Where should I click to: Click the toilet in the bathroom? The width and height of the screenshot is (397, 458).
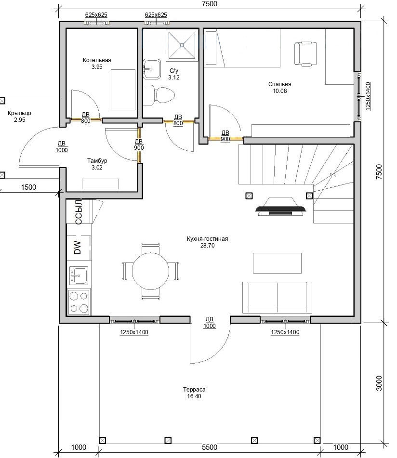tap(159, 95)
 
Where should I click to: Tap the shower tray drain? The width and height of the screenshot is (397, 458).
tap(182, 45)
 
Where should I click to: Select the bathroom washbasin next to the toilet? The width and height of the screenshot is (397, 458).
tap(152, 69)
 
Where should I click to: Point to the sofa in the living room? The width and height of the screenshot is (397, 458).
tap(277, 297)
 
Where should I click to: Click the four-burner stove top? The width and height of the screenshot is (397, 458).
tap(79, 302)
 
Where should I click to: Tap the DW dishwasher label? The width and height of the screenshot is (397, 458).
tap(78, 248)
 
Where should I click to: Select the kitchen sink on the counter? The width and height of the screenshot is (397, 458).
tap(79, 275)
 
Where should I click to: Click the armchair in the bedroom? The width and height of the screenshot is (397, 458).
tap(305, 54)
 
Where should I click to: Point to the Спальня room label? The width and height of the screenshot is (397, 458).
tap(279, 84)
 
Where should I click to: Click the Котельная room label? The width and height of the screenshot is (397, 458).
tap(97, 60)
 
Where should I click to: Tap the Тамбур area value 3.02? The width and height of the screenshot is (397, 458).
tap(97, 168)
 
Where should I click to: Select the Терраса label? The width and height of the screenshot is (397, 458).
tap(194, 389)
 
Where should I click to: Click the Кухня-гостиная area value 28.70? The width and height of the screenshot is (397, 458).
tap(207, 246)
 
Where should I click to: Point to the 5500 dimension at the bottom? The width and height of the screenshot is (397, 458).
tap(210, 447)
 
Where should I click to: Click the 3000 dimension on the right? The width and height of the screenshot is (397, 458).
tap(379, 383)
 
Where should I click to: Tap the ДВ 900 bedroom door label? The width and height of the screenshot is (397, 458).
tap(225, 136)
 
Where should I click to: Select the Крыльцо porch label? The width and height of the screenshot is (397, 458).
tap(19, 113)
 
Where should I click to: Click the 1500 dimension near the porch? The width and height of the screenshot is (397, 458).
tap(28, 187)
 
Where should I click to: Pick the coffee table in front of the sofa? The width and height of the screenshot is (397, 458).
tap(277, 263)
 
